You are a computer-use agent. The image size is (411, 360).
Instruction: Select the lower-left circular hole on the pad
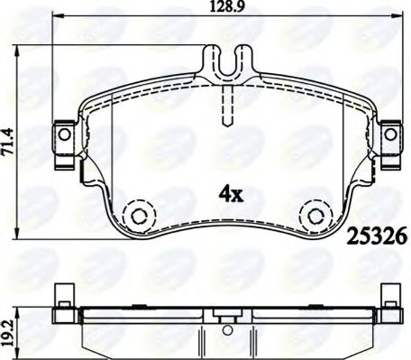pyautogui.click(x=138, y=215)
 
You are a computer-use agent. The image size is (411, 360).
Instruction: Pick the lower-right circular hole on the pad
pyautogui.click(x=315, y=215)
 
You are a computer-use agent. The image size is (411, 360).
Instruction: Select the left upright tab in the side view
pyautogui.click(x=63, y=295)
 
